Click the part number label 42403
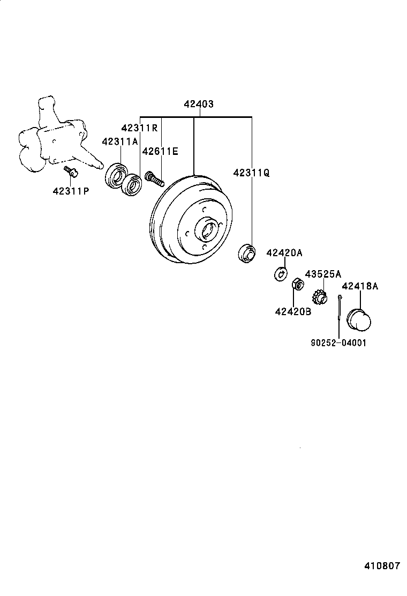[x=198, y=104]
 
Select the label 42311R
[x=139, y=128]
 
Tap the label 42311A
[x=120, y=141]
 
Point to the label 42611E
[x=160, y=152]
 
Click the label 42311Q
[x=251, y=173]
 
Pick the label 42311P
[x=71, y=191]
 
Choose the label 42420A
[x=284, y=252]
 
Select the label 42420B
[x=293, y=311]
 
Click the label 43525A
[x=323, y=274]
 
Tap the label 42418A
[x=360, y=286]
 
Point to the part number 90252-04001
[x=338, y=343]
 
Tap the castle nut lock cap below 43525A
[x=320, y=296]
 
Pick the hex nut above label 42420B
[x=295, y=283]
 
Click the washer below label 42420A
[x=279, y=273]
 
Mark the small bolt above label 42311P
[x=70, y=172]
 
